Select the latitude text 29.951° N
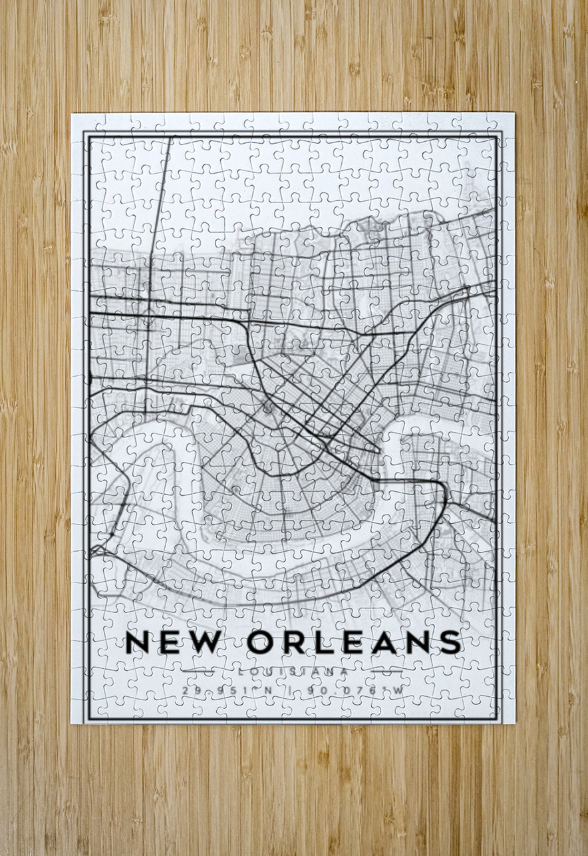click(x=227, y=690)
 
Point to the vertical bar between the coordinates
click(x=291, y=690)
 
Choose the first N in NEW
click(x=138, y=642)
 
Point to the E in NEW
click(x=170, y=642)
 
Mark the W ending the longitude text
click(x=397, y=690)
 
